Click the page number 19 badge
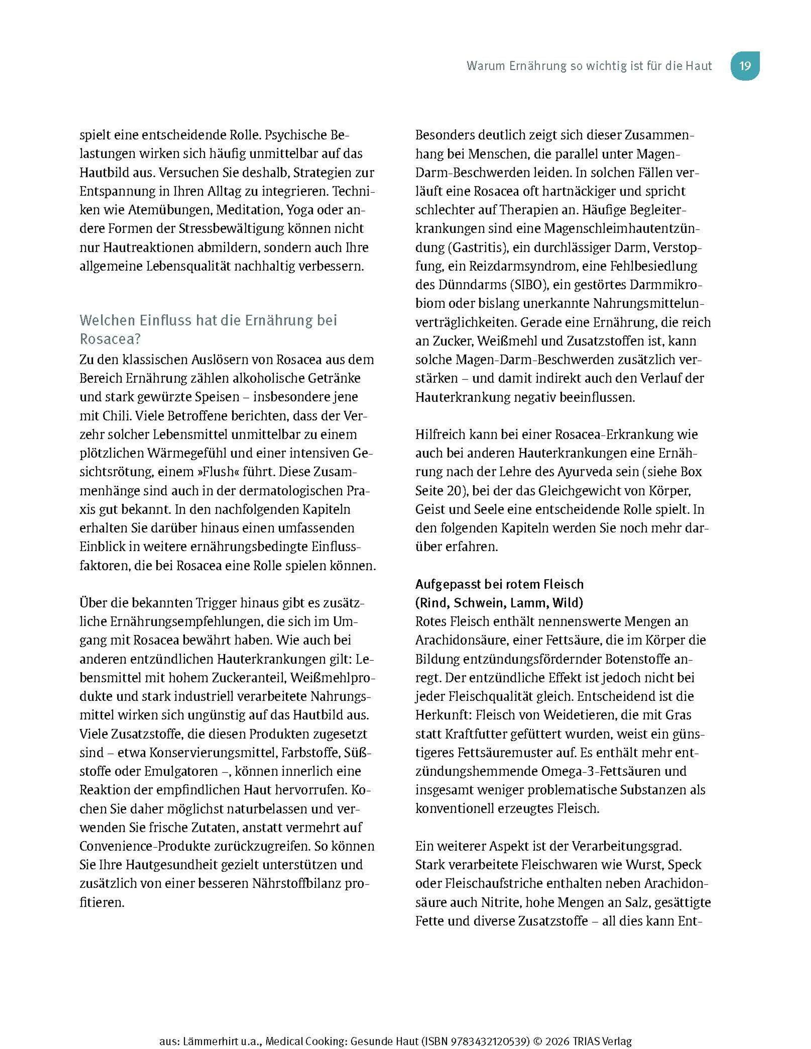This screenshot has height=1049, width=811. [744, 66]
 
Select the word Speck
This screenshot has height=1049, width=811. [688, 865]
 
